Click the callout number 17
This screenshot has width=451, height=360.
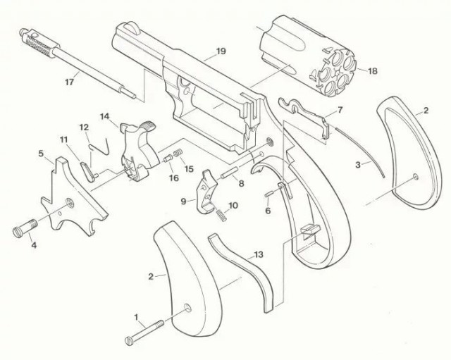click(69, 82)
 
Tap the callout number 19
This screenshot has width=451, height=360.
click(221, 51)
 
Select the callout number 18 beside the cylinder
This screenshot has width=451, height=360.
click(373, 70)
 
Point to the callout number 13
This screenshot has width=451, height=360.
click(259, 254)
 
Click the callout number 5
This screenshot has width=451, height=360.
click(41, 154)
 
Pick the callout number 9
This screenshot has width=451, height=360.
click(183, 201)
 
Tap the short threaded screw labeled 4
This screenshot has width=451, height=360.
click(25, 227)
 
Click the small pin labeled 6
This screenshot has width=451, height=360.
click(268, 194)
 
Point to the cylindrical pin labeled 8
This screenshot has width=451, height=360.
click(229, 173)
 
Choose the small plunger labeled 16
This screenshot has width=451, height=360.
click(167, 159)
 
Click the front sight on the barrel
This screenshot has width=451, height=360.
click(133, 27)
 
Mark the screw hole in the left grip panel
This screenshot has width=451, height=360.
click(188, 308)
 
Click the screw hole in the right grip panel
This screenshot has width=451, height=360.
click(415, 177)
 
